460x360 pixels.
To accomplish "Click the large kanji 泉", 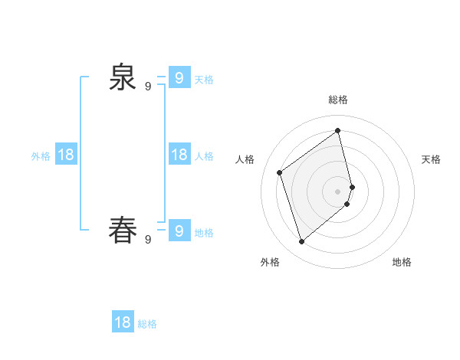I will pos(122,77).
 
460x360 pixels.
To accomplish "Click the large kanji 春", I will pos(122,230).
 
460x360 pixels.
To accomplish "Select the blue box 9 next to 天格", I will pos(179,77).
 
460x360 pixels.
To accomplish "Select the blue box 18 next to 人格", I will pos(179,155).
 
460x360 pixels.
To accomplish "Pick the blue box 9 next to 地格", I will pos(179,231).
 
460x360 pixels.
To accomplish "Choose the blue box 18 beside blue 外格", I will pos(66,155).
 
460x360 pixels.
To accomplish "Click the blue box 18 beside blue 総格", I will pos(123,322).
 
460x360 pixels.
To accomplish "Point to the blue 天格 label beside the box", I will pos(204,80).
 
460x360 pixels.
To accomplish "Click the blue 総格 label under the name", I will pos(147,324).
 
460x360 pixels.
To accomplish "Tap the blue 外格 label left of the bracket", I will pos(41,156).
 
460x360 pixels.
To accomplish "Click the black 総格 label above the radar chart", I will pos(338,100).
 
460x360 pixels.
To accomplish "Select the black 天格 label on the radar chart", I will pos(431,159).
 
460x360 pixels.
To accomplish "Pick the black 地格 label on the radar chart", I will pos(402,262).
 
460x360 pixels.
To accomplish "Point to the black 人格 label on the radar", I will pos(245,159).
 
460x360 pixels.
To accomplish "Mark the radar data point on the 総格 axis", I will pos(338,130).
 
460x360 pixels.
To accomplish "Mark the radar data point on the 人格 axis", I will pos(280,172).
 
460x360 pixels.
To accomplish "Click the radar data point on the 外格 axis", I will pos(302,242).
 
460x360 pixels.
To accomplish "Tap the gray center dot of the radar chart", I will pos(338,191).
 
